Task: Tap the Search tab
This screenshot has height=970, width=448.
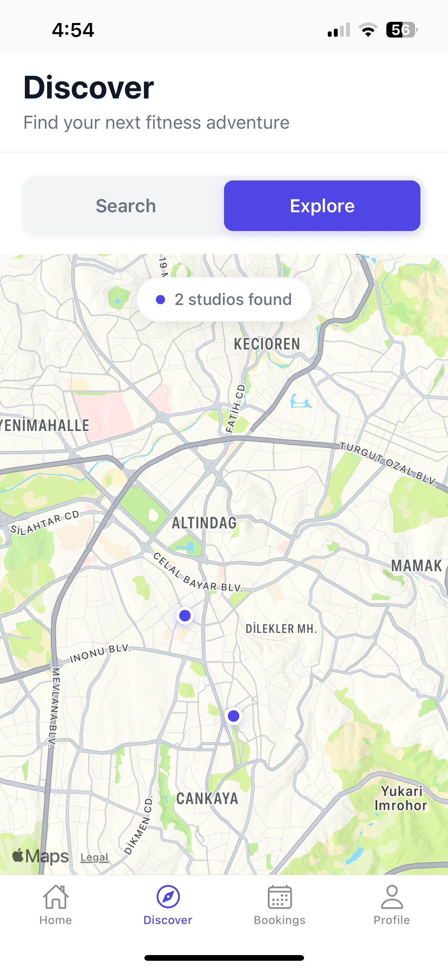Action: [x=126, y=206]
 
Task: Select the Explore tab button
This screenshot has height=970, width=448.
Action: [x=322, y=206]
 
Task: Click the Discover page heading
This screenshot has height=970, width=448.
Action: [x=89, y=88]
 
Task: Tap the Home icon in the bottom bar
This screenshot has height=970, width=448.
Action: [x=56, y=897]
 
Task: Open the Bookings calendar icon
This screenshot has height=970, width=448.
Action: [x=280, y=897]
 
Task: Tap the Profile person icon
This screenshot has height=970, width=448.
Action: [x=392, y=897]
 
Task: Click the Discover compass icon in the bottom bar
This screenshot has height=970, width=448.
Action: [x=168, y=897]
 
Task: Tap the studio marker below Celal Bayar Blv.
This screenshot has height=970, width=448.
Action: [x=185, y=616]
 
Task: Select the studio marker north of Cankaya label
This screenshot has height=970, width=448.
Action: [x=234, y=716]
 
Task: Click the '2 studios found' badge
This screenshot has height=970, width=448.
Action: [x=224, y=300]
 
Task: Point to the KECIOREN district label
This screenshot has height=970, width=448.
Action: [x=267, y=344]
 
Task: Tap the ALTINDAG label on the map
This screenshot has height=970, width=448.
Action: [x=204, y=523]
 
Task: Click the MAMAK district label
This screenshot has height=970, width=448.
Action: [x=416, y=566]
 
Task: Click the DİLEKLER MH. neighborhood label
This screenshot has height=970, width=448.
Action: [x=281, y=629]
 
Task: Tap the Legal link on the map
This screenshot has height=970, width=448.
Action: [x=94, y=857]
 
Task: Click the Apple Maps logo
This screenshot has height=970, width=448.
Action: [x=41, y=856]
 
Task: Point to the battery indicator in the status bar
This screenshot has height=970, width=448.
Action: [x=401, y=30]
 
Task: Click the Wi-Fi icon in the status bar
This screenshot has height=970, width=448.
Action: [x=368, y=30]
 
